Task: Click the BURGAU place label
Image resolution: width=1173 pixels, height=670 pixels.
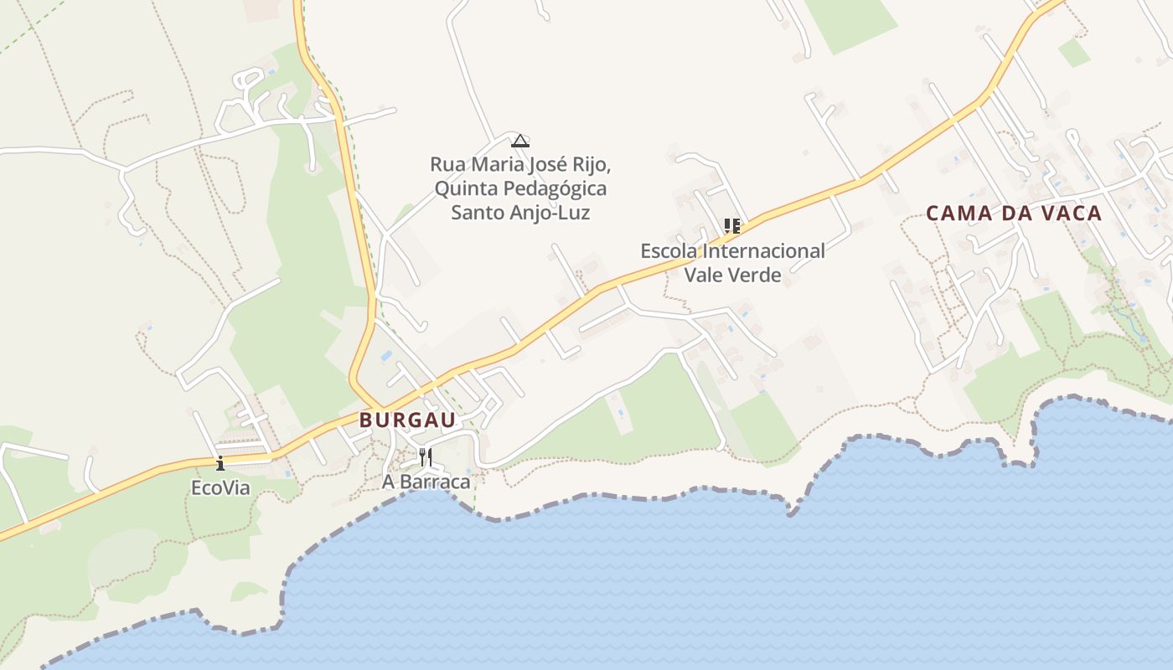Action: pos(407,420)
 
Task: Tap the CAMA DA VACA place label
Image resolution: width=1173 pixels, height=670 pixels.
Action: pos(1014,214)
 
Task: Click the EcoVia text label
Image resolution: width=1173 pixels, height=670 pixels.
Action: pos(220,487)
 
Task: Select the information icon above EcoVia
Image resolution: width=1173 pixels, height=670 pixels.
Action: pos(220,463)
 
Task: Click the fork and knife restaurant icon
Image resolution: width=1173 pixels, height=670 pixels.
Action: pos(426,457)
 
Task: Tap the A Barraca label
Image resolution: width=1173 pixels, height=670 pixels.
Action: pos(426,482)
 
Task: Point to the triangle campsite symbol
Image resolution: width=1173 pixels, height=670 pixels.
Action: pos(520,141)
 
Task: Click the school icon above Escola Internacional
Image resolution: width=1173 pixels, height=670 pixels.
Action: pos(732,225)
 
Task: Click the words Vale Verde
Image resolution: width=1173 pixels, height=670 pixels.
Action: pos(732,275)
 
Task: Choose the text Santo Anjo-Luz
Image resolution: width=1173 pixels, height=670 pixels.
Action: pos(520,213)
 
